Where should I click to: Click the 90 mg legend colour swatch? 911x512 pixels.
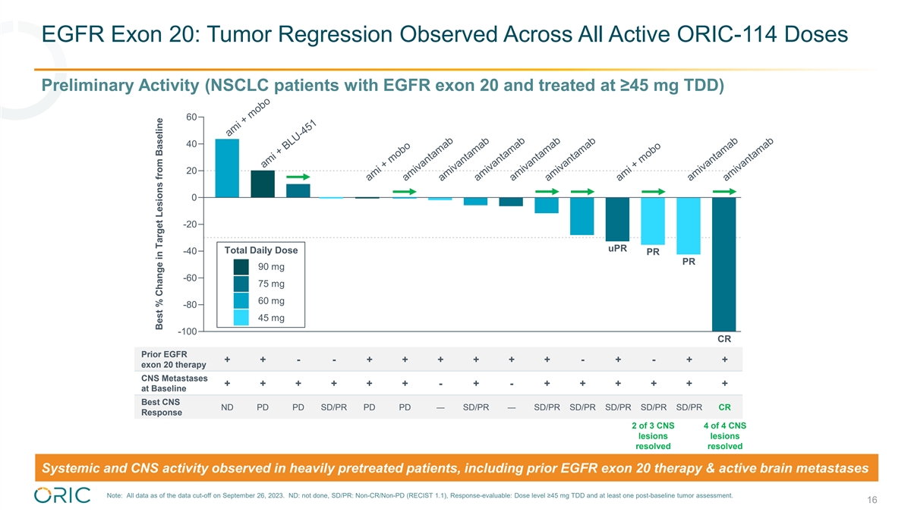coord(241,267)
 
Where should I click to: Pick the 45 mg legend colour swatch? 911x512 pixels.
coord(241,318)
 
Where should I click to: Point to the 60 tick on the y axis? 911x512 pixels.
coord(191,117)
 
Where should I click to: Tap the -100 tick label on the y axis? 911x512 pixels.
coord(188,332)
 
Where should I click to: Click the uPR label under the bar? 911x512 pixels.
coord(617,248)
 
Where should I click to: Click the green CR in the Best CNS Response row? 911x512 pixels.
coord(725,407)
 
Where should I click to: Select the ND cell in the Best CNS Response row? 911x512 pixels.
coord(227,407)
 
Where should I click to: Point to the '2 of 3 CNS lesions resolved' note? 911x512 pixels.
coord(653,435)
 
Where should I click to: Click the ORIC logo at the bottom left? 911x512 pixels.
coord(62,494)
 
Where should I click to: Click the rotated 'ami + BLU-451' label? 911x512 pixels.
coord(288,144)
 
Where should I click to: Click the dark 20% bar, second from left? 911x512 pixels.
coord(263,184)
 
